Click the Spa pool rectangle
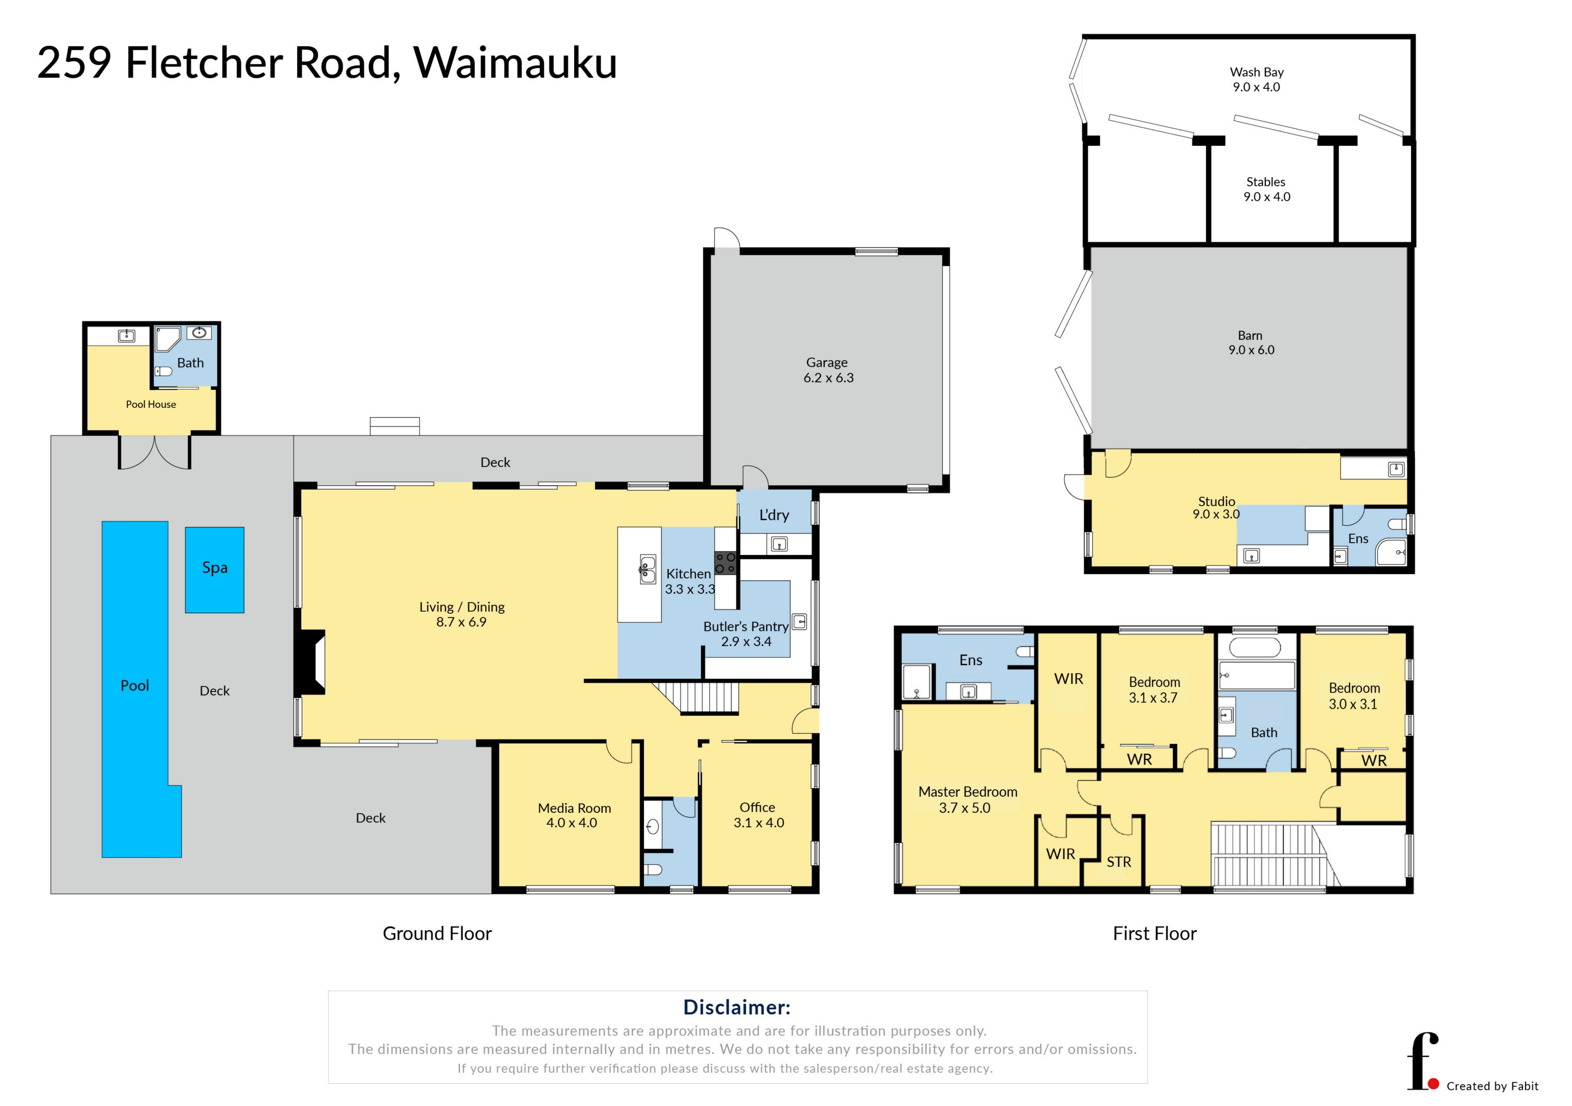click(x=214, y=570)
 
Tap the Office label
click(x=757, y=807)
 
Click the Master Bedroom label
click(x=968, y=792)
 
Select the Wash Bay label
click(x=1256, y=72)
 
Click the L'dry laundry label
click(x=774, y=515)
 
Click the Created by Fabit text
click(x=1492, y=1086)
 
